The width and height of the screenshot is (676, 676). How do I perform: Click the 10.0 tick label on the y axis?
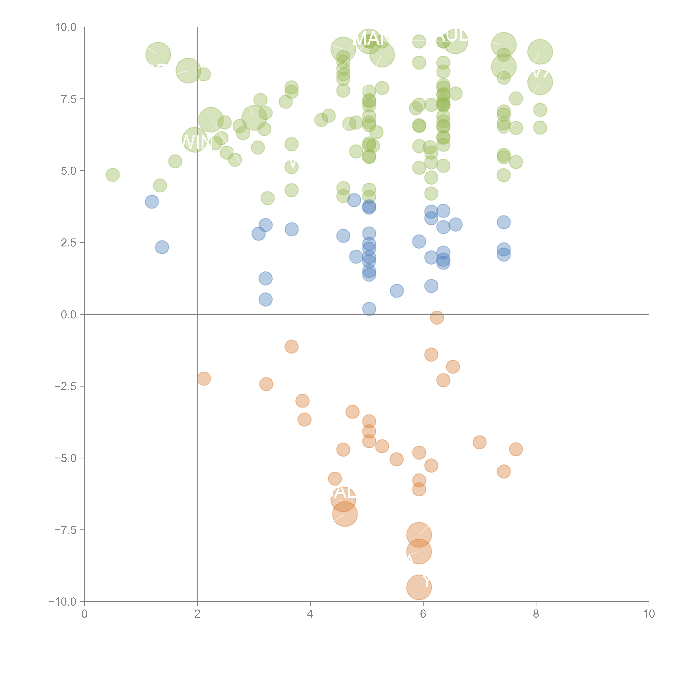coord(66,27)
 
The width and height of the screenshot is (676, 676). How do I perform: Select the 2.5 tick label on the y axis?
coord(69,243)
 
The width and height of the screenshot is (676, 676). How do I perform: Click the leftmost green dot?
coord(113,175)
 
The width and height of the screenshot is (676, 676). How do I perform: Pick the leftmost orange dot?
coord(204,379)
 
